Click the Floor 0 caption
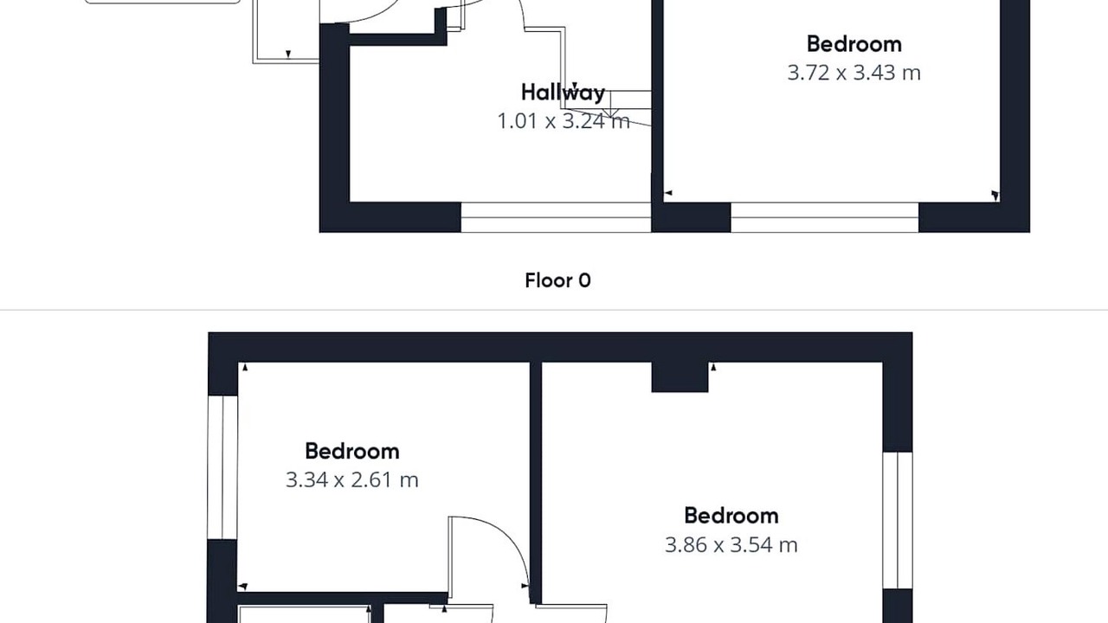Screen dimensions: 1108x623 557,280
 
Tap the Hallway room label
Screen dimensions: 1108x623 563,93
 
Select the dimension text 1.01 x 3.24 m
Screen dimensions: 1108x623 564,121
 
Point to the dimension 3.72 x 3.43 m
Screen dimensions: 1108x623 854,73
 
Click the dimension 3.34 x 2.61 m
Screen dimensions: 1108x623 351,479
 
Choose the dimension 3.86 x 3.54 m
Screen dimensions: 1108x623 731,545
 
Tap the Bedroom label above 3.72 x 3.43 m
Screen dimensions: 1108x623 854,44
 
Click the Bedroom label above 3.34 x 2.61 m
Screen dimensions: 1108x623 352,451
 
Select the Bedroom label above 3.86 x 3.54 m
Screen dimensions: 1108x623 731,516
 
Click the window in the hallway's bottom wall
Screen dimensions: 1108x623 556,217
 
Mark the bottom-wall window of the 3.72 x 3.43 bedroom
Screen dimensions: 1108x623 825,217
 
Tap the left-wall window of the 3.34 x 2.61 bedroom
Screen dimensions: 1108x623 222,467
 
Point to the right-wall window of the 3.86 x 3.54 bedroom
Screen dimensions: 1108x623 898,520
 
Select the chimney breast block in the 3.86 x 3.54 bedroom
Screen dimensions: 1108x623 680,376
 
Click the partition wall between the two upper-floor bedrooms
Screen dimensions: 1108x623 536,483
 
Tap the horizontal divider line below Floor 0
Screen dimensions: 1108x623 554,311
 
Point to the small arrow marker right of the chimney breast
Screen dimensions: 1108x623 713,368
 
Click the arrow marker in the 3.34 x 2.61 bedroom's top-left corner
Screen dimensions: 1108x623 244,368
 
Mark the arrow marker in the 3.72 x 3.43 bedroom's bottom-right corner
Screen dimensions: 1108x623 995,196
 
